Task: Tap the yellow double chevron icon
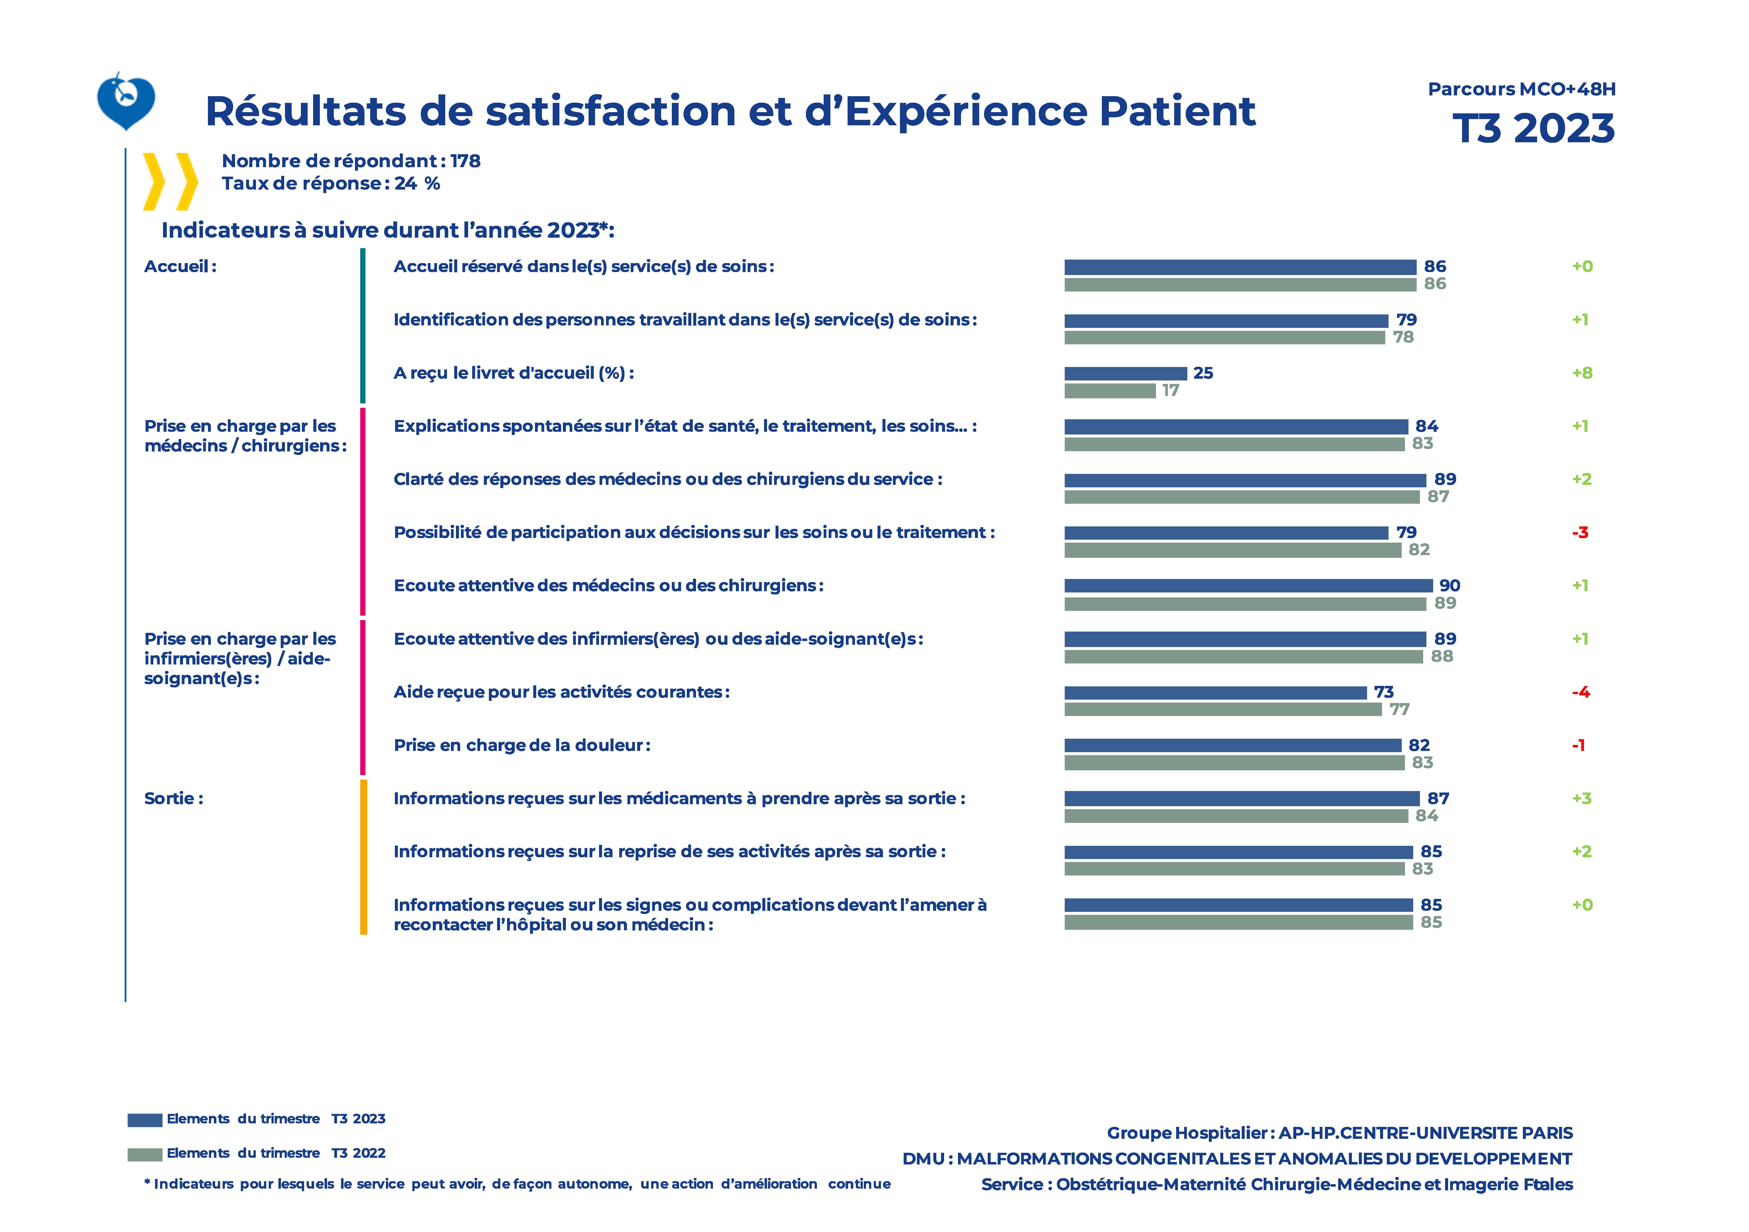[x=171, y=181]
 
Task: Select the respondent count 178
[x=465, y=161]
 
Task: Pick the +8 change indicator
[x=1582, y=373]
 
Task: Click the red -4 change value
[x=1581, y=692]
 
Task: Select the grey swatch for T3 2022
[x=145, y=1154]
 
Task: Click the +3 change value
[x=1582, y=799]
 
